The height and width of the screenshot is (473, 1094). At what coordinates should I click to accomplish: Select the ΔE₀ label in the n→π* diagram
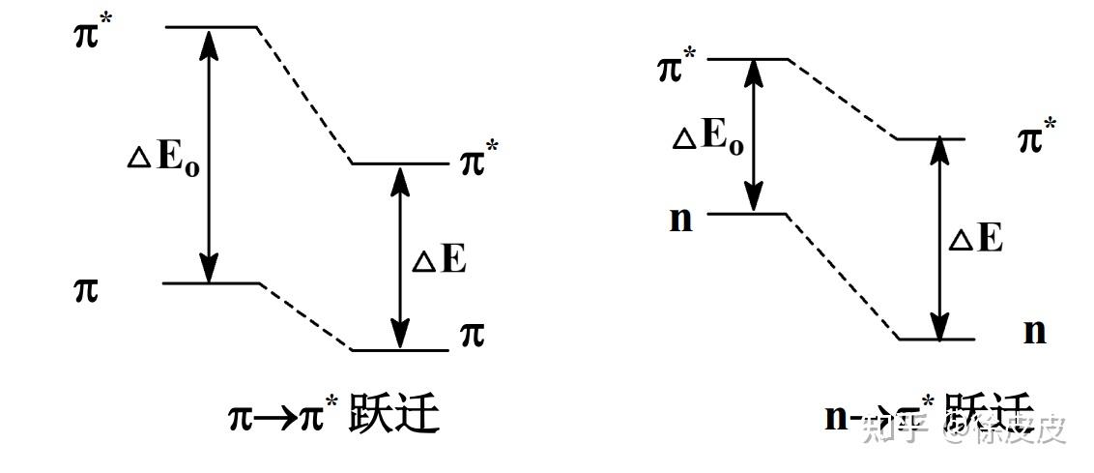(x=707, y=136)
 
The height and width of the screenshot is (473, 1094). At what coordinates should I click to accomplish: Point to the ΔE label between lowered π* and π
(x=440, y=259)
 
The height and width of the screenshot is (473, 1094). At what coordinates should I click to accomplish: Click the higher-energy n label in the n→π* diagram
(x=680, y=219)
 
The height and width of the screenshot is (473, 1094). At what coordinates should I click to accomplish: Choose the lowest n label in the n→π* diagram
(x=1034, y=331)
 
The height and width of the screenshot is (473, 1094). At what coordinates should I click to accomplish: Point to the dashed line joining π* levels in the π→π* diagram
(x=303, y=95)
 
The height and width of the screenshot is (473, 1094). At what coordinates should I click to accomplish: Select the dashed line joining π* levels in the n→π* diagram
(x=844, y=100)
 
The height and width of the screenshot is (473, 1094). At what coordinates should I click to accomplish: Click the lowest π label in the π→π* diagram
(x=472, y=335)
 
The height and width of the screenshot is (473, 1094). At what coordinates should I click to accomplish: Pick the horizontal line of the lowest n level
(x=936, y=340)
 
